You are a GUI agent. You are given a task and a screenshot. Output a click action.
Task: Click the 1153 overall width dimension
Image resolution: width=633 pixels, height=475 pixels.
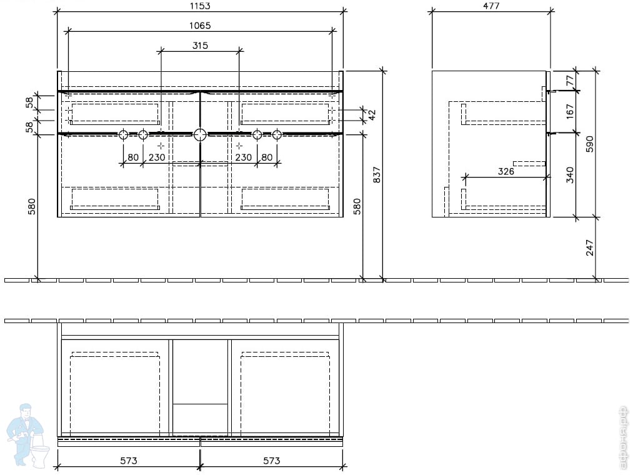pos(200,6)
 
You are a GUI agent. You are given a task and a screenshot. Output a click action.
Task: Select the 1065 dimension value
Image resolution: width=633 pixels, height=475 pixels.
pos(200,26)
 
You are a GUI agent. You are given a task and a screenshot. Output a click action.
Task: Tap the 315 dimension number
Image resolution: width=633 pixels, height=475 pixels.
pos(200,46)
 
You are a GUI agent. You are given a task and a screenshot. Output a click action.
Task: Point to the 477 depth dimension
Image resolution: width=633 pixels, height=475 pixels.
pos(491,6)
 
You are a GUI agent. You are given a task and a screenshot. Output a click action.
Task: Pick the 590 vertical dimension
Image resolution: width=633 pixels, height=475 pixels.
pos(589,143)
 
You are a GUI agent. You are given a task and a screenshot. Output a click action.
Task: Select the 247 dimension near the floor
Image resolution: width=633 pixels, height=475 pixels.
pos(589,248)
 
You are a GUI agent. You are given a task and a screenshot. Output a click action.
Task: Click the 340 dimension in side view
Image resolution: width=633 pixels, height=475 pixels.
pos(569,174)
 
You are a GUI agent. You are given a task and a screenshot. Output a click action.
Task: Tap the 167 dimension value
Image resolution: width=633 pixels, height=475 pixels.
pos(569,111)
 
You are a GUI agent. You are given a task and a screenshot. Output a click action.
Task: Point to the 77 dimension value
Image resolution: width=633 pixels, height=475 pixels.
pos(569,81)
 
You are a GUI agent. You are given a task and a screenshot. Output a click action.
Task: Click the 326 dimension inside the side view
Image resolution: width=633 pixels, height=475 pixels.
pos(506,171)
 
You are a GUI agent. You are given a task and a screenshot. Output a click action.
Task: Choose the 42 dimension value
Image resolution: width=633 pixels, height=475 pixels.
pos(372,114)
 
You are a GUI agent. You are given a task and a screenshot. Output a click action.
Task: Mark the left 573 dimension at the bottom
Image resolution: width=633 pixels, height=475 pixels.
pos(129,461)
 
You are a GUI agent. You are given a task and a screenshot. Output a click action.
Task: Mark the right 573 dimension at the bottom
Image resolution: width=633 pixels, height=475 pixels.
pos(271,461)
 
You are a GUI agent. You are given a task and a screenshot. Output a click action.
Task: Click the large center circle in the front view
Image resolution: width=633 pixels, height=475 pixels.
pos(200,134)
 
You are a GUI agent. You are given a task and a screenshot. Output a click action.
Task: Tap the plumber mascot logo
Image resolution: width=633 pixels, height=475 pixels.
pos(28,434)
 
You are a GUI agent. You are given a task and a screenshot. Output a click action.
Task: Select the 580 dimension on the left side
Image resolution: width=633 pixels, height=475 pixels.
pos(31,206)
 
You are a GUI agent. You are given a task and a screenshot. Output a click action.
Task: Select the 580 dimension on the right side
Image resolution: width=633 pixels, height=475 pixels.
pos(357,206)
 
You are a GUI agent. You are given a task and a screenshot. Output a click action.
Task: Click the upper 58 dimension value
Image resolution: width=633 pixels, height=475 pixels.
pos(30,103)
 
